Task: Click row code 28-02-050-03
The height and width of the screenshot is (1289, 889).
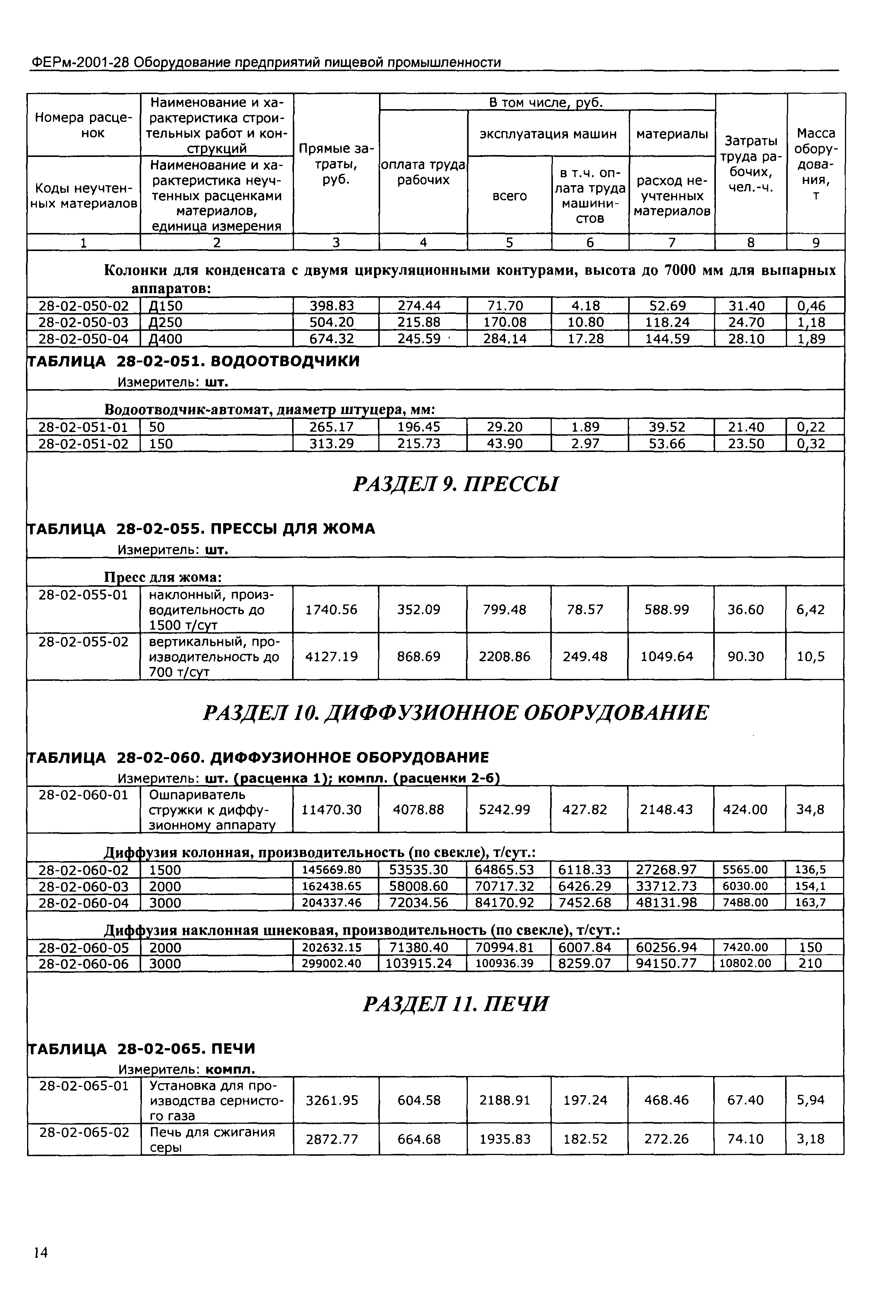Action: (83, 323)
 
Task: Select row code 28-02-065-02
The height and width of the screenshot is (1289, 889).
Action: (84, 1132)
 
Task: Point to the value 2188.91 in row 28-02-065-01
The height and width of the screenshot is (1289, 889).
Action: (505, 1100)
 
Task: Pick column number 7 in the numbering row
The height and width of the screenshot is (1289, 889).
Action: (672, 242)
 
